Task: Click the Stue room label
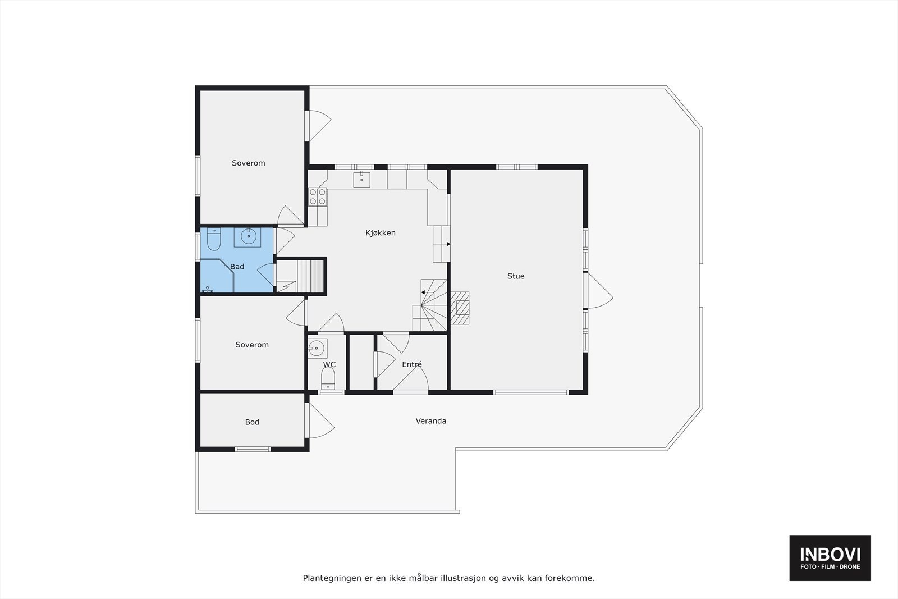tap(516, 276)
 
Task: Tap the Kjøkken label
tap(381, 232)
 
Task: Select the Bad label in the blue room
tap(237, 267)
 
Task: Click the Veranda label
tap(431, 420)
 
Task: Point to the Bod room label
tap(252, 422)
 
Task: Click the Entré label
tap(412, 364)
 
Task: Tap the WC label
tap(329, 364)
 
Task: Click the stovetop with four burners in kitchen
tap(318, 196)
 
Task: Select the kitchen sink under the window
tap(361, 179)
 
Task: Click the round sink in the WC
tap(317, 348)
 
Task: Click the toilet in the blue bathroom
tap(213, 240)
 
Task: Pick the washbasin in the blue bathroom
tap(248, 236)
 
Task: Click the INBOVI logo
tap(830, 557)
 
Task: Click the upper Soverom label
tap(248, 163)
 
